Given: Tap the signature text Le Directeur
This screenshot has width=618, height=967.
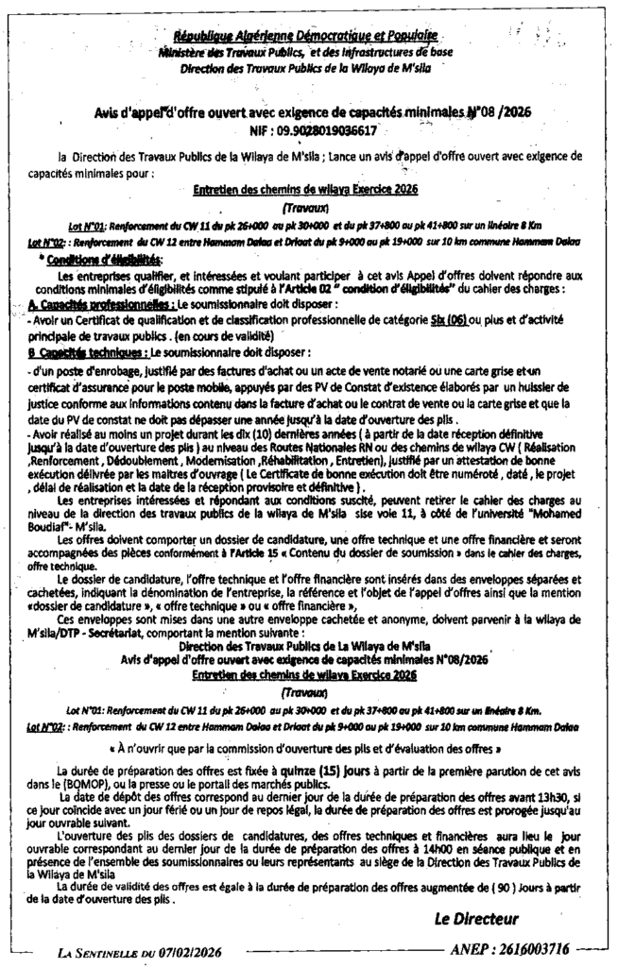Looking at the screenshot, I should (x=476, y=917).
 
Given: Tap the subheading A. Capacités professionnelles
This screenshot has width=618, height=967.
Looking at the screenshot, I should (x=87, y=307).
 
